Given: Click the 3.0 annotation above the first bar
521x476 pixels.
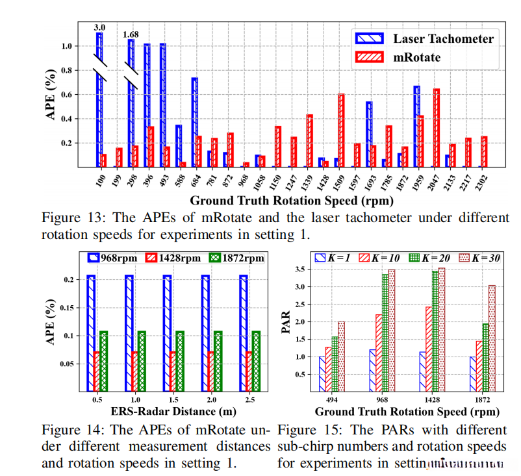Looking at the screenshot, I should click(x=100, y=27).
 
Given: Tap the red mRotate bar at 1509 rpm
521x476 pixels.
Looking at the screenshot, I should click(x=341, y=130).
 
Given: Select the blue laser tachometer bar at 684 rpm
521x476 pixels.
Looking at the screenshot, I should click(x=194, y=122).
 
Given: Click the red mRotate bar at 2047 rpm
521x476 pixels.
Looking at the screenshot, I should click(x=437, y=128).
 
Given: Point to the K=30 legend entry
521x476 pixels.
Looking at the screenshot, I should click(x=481, y=258).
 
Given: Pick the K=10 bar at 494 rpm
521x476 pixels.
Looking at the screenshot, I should click(x=329, y=368).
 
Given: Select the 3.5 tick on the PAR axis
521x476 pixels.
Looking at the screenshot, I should click(x=301, y=268).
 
